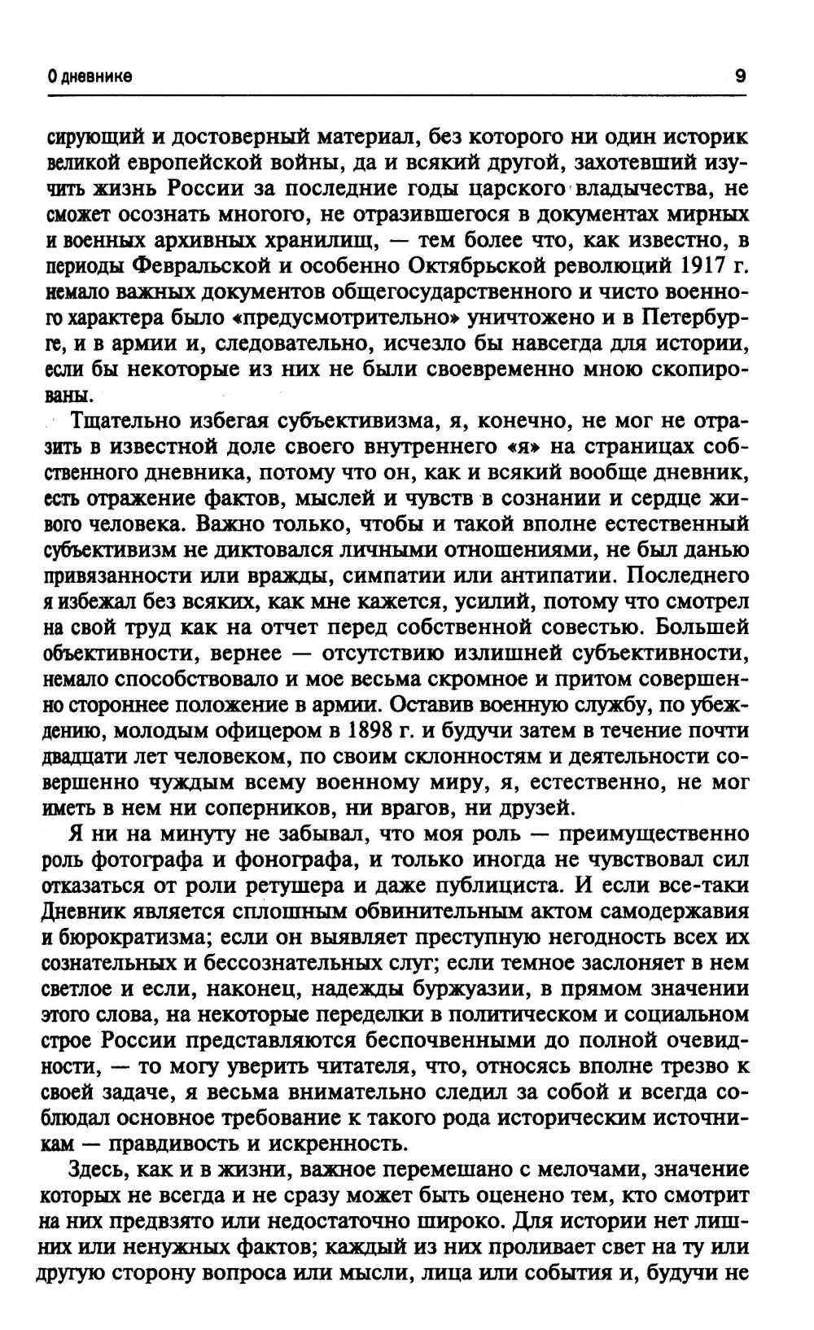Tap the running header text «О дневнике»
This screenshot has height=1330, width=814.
click(x=90, y=77)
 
